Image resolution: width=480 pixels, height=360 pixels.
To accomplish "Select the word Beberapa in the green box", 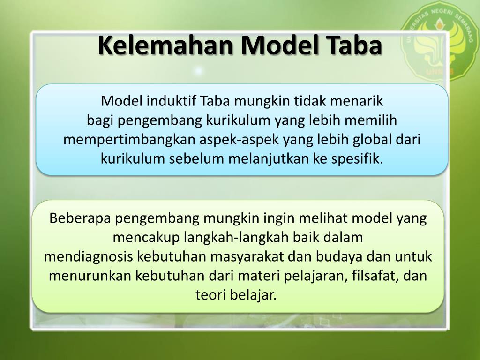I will (x=80, y=218).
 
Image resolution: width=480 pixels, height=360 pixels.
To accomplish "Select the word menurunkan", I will (x=90, y=276).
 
